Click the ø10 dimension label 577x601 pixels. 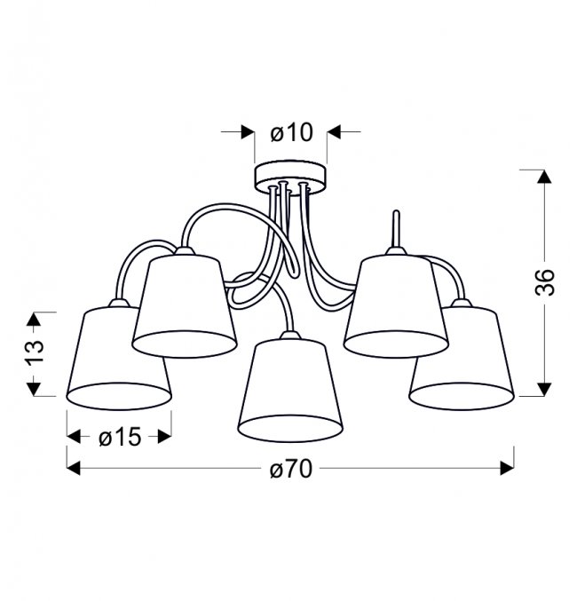(x=291, y=132)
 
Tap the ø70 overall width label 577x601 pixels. (x=291, y=469)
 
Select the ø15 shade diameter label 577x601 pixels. (x=120, y=437)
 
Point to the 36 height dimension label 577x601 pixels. (x=545, y=282)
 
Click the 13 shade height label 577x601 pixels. (x=35, y=351)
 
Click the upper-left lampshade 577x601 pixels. (x=185, y=305)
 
